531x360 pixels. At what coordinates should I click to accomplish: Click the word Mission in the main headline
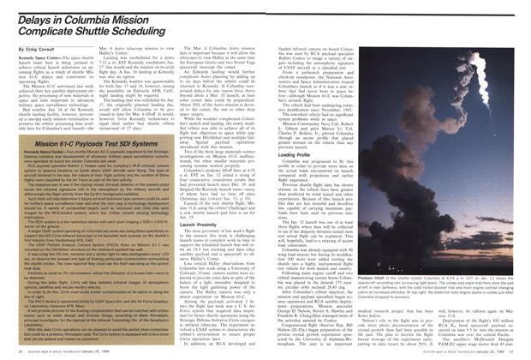pos(137,20)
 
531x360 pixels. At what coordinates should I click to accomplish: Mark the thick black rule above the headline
pos(128,6)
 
